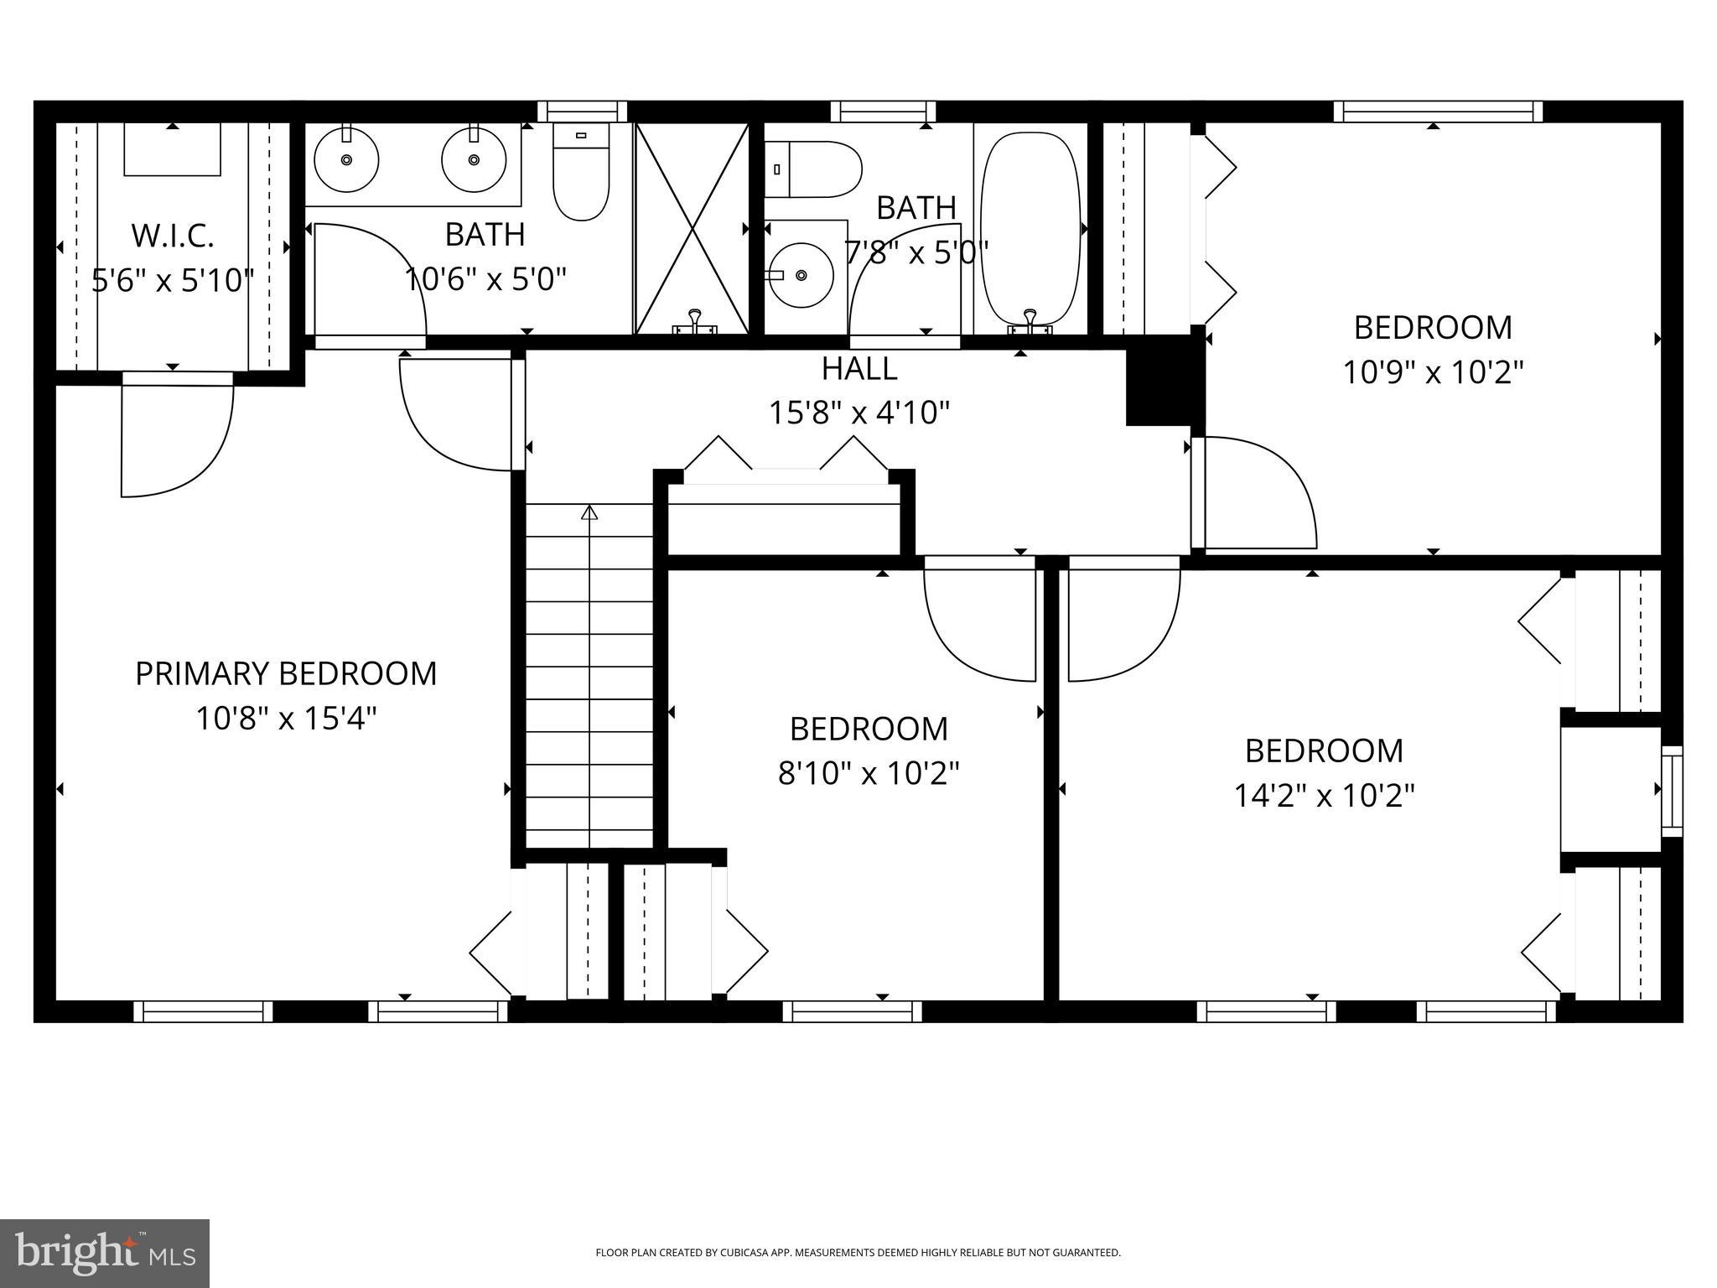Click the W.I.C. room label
[x=173, y=236]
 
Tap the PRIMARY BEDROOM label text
[x=286, y=673]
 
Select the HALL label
[x=858, y=368]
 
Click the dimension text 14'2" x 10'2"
[x=1324, y=795]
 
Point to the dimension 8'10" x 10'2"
[x=869, y=773]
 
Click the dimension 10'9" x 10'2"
[x=1433, y=371]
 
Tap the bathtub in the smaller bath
[x=1030, y=228]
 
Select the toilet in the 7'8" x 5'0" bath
[x=814, y=169]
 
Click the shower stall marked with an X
[x=692, y=228]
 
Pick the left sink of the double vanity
[x=345, y=159]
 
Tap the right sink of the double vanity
[x=474, y=159]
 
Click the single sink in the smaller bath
[x=801, y=275]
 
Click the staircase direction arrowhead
[x=589, y=512]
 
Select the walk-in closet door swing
[x=176, y=440]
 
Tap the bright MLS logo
[x=105, y=1253]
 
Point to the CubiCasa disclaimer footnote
[x=858, y=1253]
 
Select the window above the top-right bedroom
[x=1438, y=112]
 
